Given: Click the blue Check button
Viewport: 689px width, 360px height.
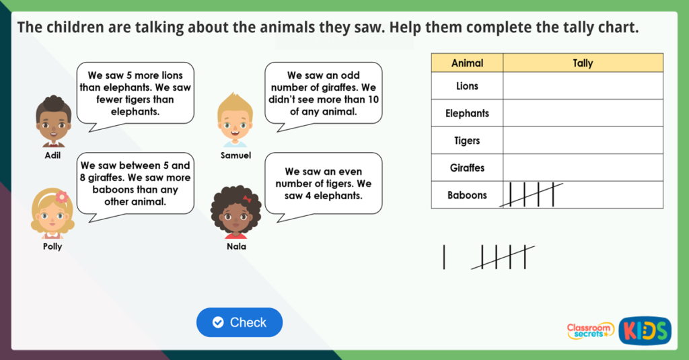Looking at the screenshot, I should (240, 322).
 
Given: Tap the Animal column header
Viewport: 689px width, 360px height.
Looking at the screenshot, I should (467, 63).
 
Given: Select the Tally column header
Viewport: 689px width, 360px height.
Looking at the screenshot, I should (583, 63).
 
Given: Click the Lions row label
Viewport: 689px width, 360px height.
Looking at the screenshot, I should (467, 86).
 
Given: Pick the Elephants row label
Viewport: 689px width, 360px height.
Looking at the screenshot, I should (467, 114).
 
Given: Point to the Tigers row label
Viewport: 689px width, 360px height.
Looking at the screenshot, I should (467, 141).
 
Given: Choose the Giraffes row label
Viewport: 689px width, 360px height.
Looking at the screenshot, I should (467, 168).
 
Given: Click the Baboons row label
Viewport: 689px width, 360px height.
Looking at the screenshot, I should (467, 195).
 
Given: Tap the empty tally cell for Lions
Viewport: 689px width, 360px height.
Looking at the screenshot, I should (583, 86).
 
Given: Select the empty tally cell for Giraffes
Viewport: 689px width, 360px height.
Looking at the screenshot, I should (583, 168).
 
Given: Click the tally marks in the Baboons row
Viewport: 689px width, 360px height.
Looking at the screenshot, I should (532, 194).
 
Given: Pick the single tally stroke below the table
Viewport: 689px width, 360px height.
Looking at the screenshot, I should (444, 257).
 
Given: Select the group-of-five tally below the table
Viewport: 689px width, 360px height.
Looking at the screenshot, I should (503, 257).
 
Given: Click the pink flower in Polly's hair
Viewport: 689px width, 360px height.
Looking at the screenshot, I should (62, 197).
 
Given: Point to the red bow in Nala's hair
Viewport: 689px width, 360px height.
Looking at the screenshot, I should (247, 199).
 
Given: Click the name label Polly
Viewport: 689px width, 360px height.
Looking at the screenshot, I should (52, 246).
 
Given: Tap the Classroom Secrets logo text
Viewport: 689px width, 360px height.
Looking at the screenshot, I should (590, 330).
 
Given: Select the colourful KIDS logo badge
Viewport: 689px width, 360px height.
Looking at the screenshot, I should (645, 330).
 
